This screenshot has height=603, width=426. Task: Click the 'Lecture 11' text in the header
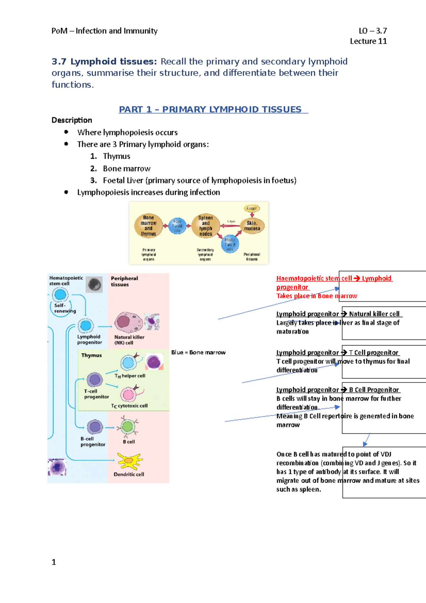tap(368, 41)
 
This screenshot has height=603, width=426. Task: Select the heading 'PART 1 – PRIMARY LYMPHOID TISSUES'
tap(213, 109)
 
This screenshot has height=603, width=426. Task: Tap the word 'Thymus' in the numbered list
tap(116, 156)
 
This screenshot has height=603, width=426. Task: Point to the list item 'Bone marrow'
tap(127, 168)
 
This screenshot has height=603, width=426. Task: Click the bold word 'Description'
tap(72, 120)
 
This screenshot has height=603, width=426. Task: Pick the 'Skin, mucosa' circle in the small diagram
tap(252, 226)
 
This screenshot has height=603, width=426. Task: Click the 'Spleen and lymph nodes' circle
tap(206, 226)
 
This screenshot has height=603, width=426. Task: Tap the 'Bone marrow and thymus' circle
tap(148, 226)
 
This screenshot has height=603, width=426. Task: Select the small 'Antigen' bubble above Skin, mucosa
tap(251, 208)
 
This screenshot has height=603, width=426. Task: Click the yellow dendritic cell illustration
tap(130, 461)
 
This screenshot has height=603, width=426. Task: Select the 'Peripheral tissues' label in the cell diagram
tap(124, 281)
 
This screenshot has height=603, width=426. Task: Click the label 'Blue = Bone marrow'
tap(198, 352)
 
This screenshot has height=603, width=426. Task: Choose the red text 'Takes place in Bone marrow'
tap(317, 296)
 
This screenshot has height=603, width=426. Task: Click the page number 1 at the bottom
tap(54, 562)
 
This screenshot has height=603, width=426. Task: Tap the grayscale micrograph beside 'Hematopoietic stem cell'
tap(94, 284)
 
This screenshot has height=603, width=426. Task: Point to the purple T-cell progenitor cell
tap(95, 380)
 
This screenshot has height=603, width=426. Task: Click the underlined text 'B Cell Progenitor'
tap(374, 390)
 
